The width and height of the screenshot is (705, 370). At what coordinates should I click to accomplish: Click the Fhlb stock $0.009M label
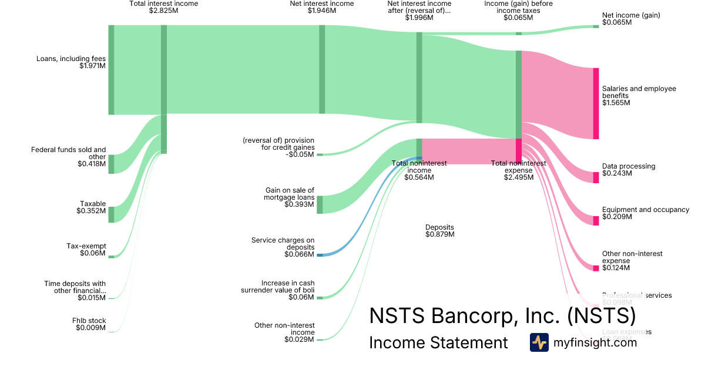tap(90, 324)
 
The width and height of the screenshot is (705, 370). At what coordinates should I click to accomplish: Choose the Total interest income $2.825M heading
tap(164, 7)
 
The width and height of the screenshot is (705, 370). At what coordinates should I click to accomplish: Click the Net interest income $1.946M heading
tap(322, 7)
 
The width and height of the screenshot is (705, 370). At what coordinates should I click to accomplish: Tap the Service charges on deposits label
tap(283, 247)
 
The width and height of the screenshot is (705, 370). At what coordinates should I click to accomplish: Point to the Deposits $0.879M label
tap(439, 231)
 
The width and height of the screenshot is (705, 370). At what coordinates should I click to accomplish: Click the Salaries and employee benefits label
tap(639, 96)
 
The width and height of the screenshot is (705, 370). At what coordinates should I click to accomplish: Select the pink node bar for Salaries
tap(596, 103)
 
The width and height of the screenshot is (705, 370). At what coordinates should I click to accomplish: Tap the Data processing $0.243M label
tap(629, 170)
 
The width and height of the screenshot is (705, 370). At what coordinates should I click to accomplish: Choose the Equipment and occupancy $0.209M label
tap(646, 213)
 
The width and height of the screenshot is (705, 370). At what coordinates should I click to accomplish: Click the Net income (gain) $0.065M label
tap(631, 19)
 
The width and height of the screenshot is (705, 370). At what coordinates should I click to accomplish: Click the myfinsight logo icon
tap(539, 342)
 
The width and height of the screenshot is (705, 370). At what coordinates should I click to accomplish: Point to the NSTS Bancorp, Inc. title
tap(502, 315)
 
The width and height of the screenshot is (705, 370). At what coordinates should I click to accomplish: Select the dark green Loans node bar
tap(111, 70)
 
